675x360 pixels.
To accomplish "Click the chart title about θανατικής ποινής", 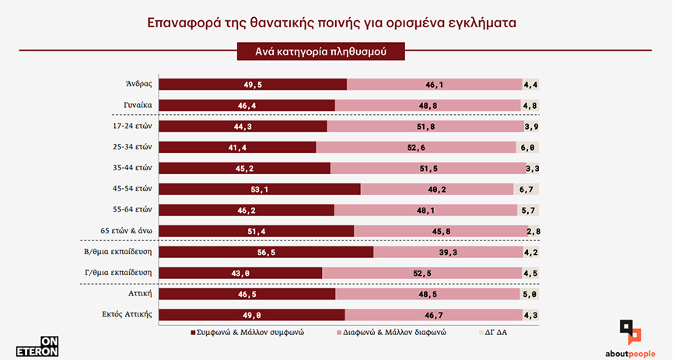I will point(337,23).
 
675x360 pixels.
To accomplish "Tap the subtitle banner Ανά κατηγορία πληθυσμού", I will point(320,51).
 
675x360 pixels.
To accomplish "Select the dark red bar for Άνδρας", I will point(253,84).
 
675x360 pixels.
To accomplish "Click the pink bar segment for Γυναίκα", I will point(428,105).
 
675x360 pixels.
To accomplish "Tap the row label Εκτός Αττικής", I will point(125,315).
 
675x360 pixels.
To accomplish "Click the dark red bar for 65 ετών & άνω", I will point(257,231).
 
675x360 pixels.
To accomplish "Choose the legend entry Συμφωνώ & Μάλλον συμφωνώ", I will point(247,332).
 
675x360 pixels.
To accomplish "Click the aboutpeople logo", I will point(631,339).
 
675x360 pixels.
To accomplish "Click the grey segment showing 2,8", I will point(533,231).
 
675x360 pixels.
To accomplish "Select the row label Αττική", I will point(138,294).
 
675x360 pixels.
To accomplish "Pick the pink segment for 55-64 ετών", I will point(425,210).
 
